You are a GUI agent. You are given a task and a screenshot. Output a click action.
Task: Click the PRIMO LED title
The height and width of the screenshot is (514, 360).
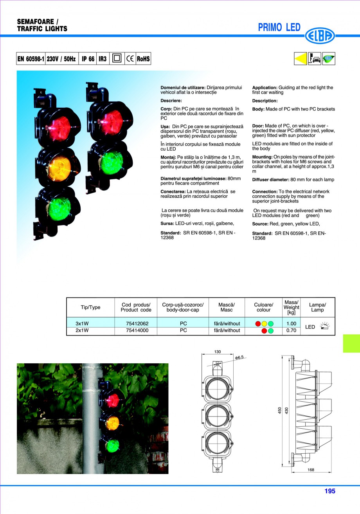[279, 27]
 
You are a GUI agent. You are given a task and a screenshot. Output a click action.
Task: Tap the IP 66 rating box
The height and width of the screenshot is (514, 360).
[88, 59]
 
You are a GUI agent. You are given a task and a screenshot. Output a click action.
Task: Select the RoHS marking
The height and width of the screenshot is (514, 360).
[143, 59]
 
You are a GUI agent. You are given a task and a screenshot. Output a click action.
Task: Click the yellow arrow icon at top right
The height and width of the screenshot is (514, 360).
[300, 59]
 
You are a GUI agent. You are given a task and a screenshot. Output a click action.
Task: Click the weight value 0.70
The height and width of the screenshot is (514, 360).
[291, 330]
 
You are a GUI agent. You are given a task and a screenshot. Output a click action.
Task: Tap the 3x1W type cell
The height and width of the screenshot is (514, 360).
[82, 324]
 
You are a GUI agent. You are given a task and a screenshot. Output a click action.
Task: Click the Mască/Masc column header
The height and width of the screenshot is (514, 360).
[226, 307]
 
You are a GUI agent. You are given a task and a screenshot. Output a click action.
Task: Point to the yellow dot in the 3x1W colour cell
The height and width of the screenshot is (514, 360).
[264, 324]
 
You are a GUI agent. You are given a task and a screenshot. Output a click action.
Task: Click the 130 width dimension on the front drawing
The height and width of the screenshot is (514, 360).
[218, 352]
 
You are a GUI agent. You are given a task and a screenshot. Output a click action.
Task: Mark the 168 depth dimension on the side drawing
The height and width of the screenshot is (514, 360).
[311, 470]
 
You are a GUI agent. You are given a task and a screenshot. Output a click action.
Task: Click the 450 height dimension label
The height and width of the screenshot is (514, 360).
[280, 410]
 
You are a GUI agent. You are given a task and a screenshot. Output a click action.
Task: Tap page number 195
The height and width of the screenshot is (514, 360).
[329, 491]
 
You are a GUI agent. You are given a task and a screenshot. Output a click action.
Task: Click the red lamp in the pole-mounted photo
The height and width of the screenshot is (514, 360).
[112, 399]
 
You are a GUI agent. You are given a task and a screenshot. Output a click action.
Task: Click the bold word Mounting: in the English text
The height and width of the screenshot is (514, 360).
[262, 157]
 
